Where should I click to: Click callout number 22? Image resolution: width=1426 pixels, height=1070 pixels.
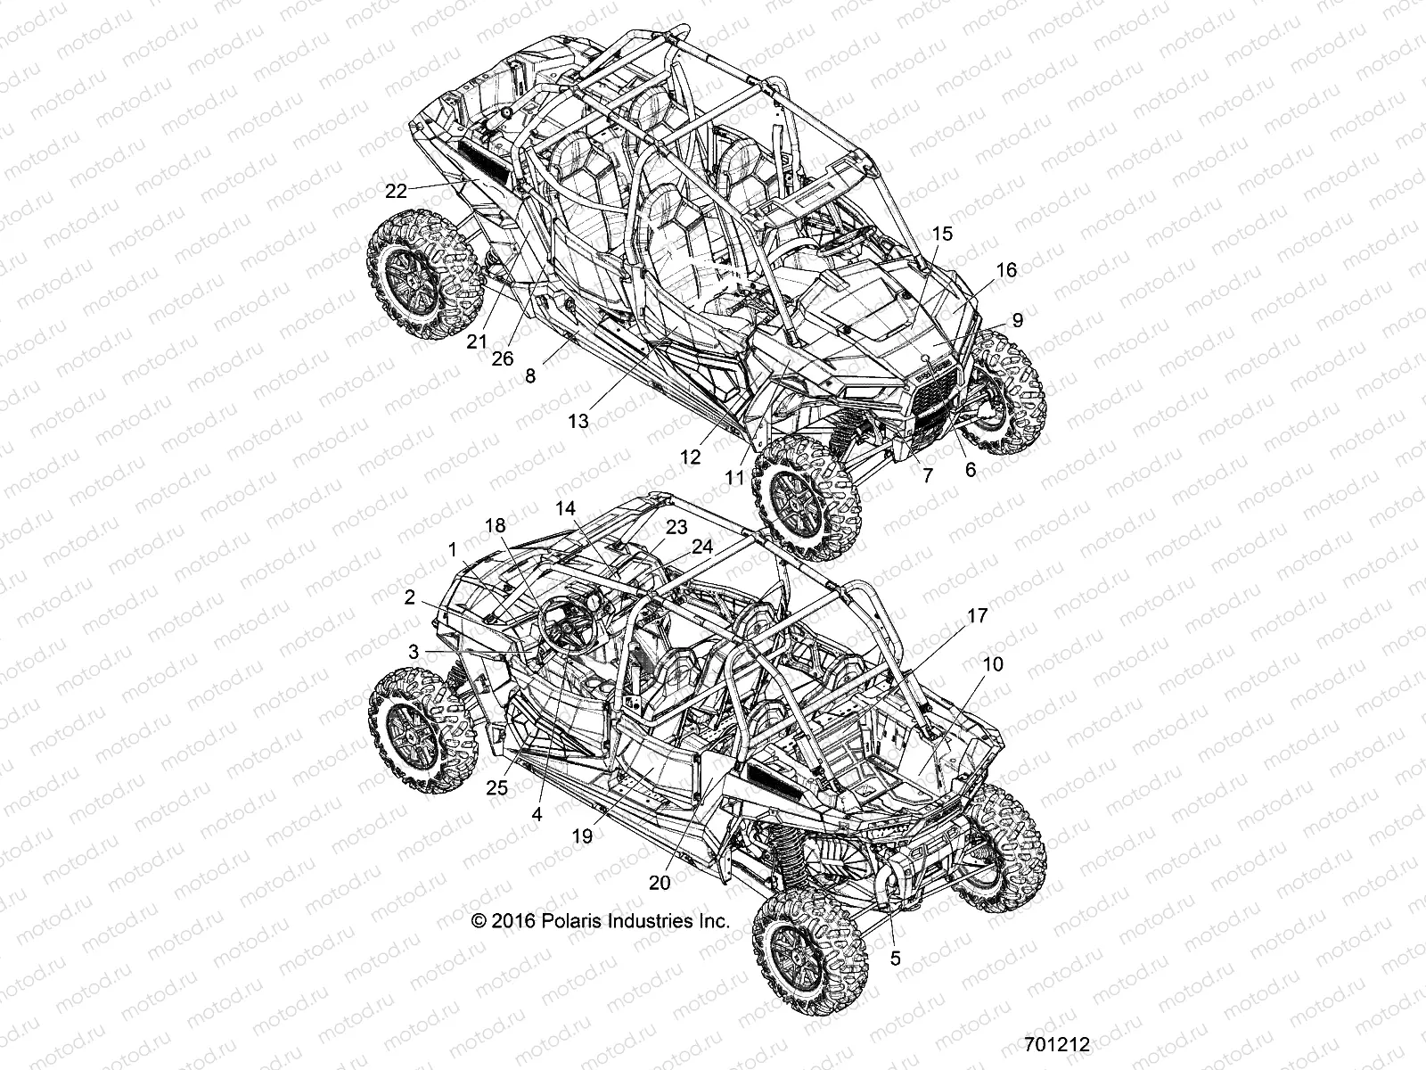pyautogui.click(x=396, y=190)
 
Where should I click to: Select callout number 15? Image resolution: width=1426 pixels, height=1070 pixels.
pyautogui.click(x=942, y=234)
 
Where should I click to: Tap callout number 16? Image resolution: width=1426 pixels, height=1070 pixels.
pyautogui.click(x=1005, y=270)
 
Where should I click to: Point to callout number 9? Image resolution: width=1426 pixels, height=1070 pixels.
pyautogui.click(x=1017, y=320)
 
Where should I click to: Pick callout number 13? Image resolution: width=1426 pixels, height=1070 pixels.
pyautogui.click(x=578, y=421)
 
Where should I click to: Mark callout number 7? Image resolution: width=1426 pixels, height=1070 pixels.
pyautogui.click(x=927, y=476)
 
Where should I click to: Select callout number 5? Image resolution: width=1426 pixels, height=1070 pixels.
pyautogui.click(x=896, y=959)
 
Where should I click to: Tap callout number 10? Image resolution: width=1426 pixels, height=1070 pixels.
pyautogui.click(x=993, y=664)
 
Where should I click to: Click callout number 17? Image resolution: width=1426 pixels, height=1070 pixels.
pyautogui.click(x=977, y=615)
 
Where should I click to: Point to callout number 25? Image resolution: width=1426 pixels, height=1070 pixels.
pyautogui.click(x=496, y=787)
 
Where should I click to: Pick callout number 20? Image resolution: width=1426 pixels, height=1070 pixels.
pyautogui.click(x=660, y=882)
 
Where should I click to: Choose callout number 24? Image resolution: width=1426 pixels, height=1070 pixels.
pyautogui.click(x=702, y=546)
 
